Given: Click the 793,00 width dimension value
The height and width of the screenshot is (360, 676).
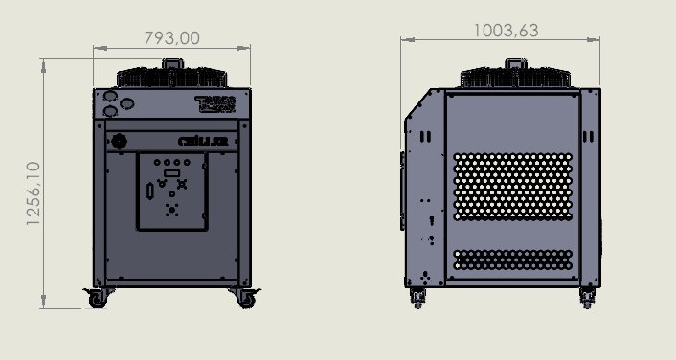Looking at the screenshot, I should coord(171,38).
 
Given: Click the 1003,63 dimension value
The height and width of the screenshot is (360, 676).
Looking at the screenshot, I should coord(506,31).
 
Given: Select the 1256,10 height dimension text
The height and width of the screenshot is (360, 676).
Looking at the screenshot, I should coord(34,193).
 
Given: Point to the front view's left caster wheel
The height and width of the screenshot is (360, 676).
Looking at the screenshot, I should coord(98,299).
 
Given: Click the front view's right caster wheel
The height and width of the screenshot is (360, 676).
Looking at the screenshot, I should coord(245,299).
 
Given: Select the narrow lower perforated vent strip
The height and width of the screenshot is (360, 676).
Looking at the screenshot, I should coord(512,259).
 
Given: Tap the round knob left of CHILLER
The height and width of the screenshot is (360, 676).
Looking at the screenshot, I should coord(121,142).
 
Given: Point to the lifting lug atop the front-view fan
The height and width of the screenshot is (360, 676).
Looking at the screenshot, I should coord(172,63).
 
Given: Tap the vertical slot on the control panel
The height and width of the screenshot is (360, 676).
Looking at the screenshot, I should coord(148,191).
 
